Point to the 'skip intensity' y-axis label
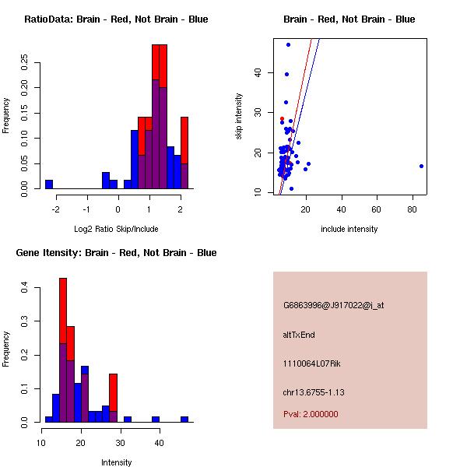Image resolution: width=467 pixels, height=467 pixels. click(x=239, y=117)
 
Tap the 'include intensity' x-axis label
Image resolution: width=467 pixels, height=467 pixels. click(x=349, y=229)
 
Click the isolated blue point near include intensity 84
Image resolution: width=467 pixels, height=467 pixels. click(x=421, y=166)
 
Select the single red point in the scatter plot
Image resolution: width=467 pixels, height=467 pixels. click(x=282, y=118)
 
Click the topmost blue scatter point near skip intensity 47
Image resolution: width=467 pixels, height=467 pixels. click(x=288, y=44)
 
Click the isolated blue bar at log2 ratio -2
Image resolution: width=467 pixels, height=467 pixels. click(x=49, y=184)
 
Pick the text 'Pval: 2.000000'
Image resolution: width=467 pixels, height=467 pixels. click(x=311, y=414)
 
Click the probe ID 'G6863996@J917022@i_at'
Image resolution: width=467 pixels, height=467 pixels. click(x=333, y=305)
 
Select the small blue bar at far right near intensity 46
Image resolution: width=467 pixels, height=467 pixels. click(x=184, y=419)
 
